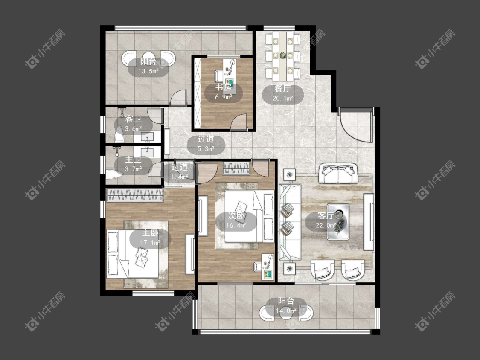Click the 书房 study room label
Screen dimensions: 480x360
pos(223,87)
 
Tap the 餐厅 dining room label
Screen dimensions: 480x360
pos(282,88)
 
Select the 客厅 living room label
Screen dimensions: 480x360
pos(326,215)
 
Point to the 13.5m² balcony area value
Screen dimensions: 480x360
pos(148,72)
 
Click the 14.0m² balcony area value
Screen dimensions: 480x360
pos(286,311)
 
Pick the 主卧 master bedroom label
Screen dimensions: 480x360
pos(150,233)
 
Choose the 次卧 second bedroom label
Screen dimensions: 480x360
pos(236,216)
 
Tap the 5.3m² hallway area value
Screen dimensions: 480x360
pos(206,149)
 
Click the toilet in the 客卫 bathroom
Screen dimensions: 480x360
pos(119,134)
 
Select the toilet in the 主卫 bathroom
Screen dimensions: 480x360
pos(114,174)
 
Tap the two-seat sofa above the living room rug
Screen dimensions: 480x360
pos(338,174)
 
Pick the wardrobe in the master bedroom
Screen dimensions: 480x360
pos(135,195)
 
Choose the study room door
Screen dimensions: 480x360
pos(239,122)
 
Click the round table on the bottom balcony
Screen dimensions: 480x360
pos(286,313)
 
